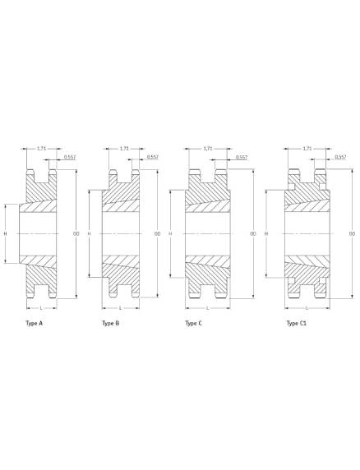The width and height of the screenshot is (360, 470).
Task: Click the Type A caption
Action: (35, 324)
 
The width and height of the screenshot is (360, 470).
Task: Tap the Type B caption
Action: (111, 324)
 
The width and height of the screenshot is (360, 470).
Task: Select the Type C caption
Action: (194, 324)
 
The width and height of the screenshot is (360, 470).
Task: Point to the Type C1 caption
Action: (297, 324)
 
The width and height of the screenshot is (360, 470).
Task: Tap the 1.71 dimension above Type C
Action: (208, 149)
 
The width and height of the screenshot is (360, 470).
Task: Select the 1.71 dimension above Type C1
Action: (307, 149)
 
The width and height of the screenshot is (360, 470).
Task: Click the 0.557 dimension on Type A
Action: (70, 157)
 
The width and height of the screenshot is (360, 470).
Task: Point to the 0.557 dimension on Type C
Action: (242, 157)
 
